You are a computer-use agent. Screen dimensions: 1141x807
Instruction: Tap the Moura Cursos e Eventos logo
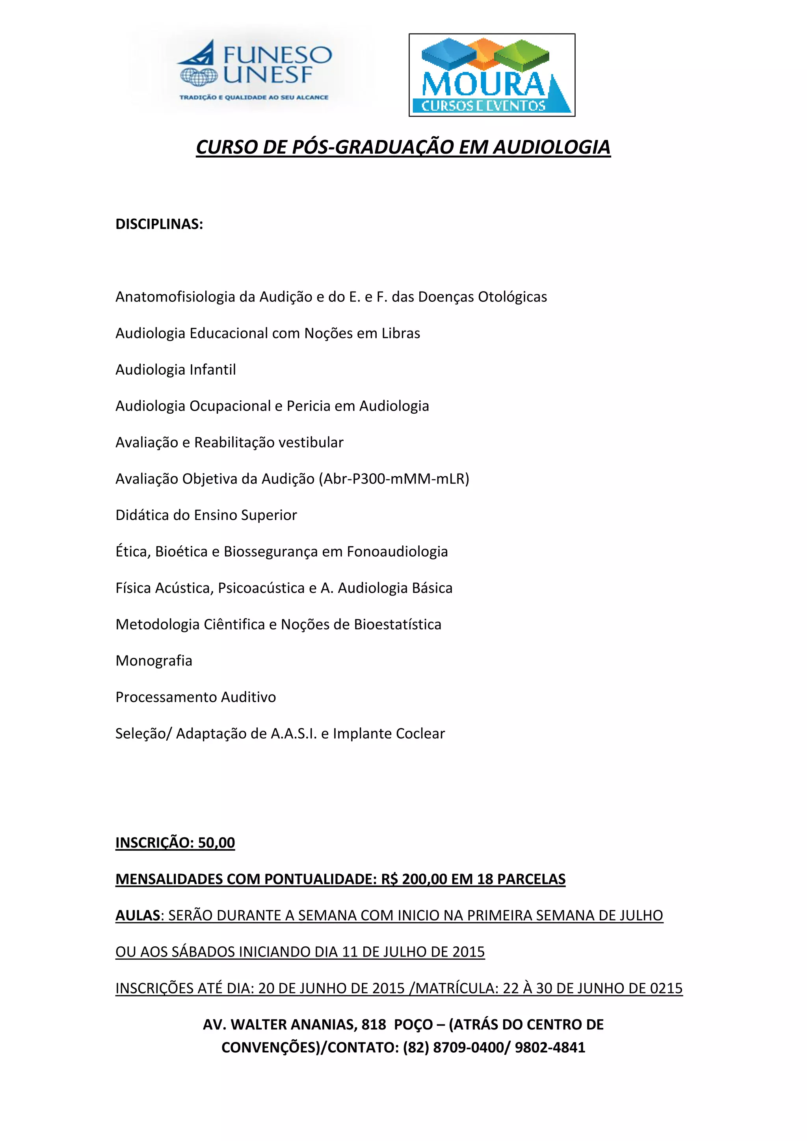click(491, 75)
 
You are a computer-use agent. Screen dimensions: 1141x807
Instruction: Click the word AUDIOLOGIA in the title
click(552, 147)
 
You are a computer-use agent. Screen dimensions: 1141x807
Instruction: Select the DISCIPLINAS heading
click(159, 224)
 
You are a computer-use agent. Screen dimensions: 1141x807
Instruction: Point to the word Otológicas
click(512, 297)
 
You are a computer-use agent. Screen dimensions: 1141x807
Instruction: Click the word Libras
click(400, 333)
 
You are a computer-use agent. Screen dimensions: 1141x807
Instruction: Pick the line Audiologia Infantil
click(175, 370)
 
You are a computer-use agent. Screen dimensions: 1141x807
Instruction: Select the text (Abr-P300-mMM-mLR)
click(394, 479)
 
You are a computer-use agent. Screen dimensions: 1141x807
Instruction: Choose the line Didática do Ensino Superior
click(206, 515)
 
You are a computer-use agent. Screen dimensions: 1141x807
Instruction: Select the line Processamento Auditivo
click(195, 697)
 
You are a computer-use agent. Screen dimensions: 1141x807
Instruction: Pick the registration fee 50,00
click(216, 843)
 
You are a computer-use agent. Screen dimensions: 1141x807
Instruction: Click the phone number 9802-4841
click(550, 1048)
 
